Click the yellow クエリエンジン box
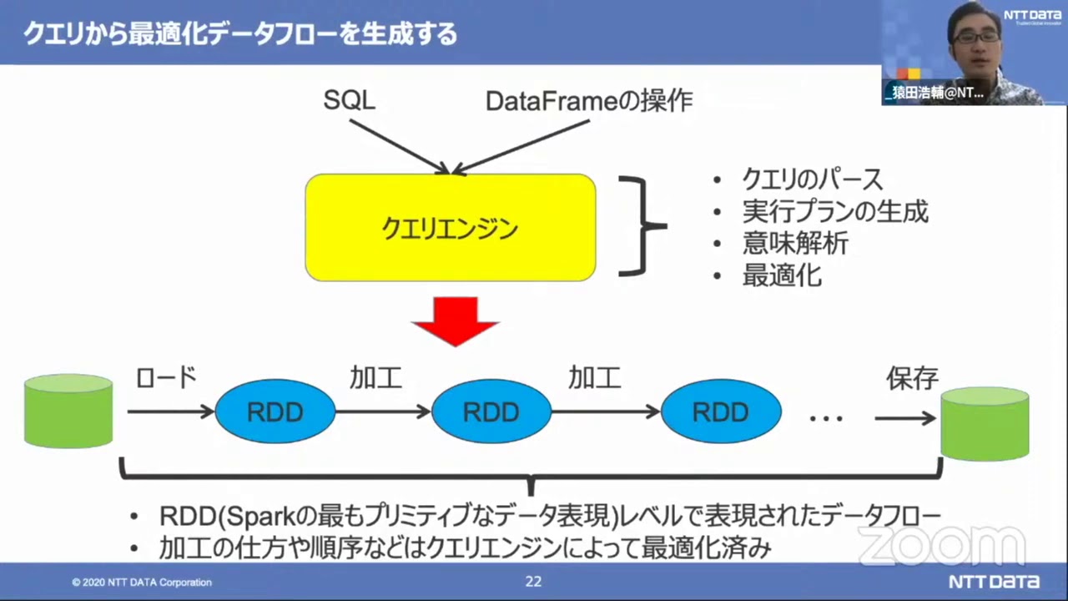click(x=451, y=227)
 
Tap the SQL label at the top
click(x=349, y=101)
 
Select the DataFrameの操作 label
click(x=589, y=101)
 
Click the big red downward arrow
click(x=455, y=321)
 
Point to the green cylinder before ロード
click(x=68, y=411)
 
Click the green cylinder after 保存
click(x=985, y=423)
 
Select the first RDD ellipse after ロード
click(x=275, y=412)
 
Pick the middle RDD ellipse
click(x=491, y=412)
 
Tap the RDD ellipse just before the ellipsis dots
click(x=721, y=412)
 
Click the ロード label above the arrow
click(x=166, y=378)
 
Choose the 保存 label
click(x=912, y=378)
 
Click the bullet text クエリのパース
click(x=812, y=179)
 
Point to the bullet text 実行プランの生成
click(x=834, y=211)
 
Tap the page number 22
click(x=533, y=582)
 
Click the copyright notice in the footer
click(x=141, y=583)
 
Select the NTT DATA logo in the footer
click(x=994, y=582)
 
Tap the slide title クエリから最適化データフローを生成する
click(x=240, y=33)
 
